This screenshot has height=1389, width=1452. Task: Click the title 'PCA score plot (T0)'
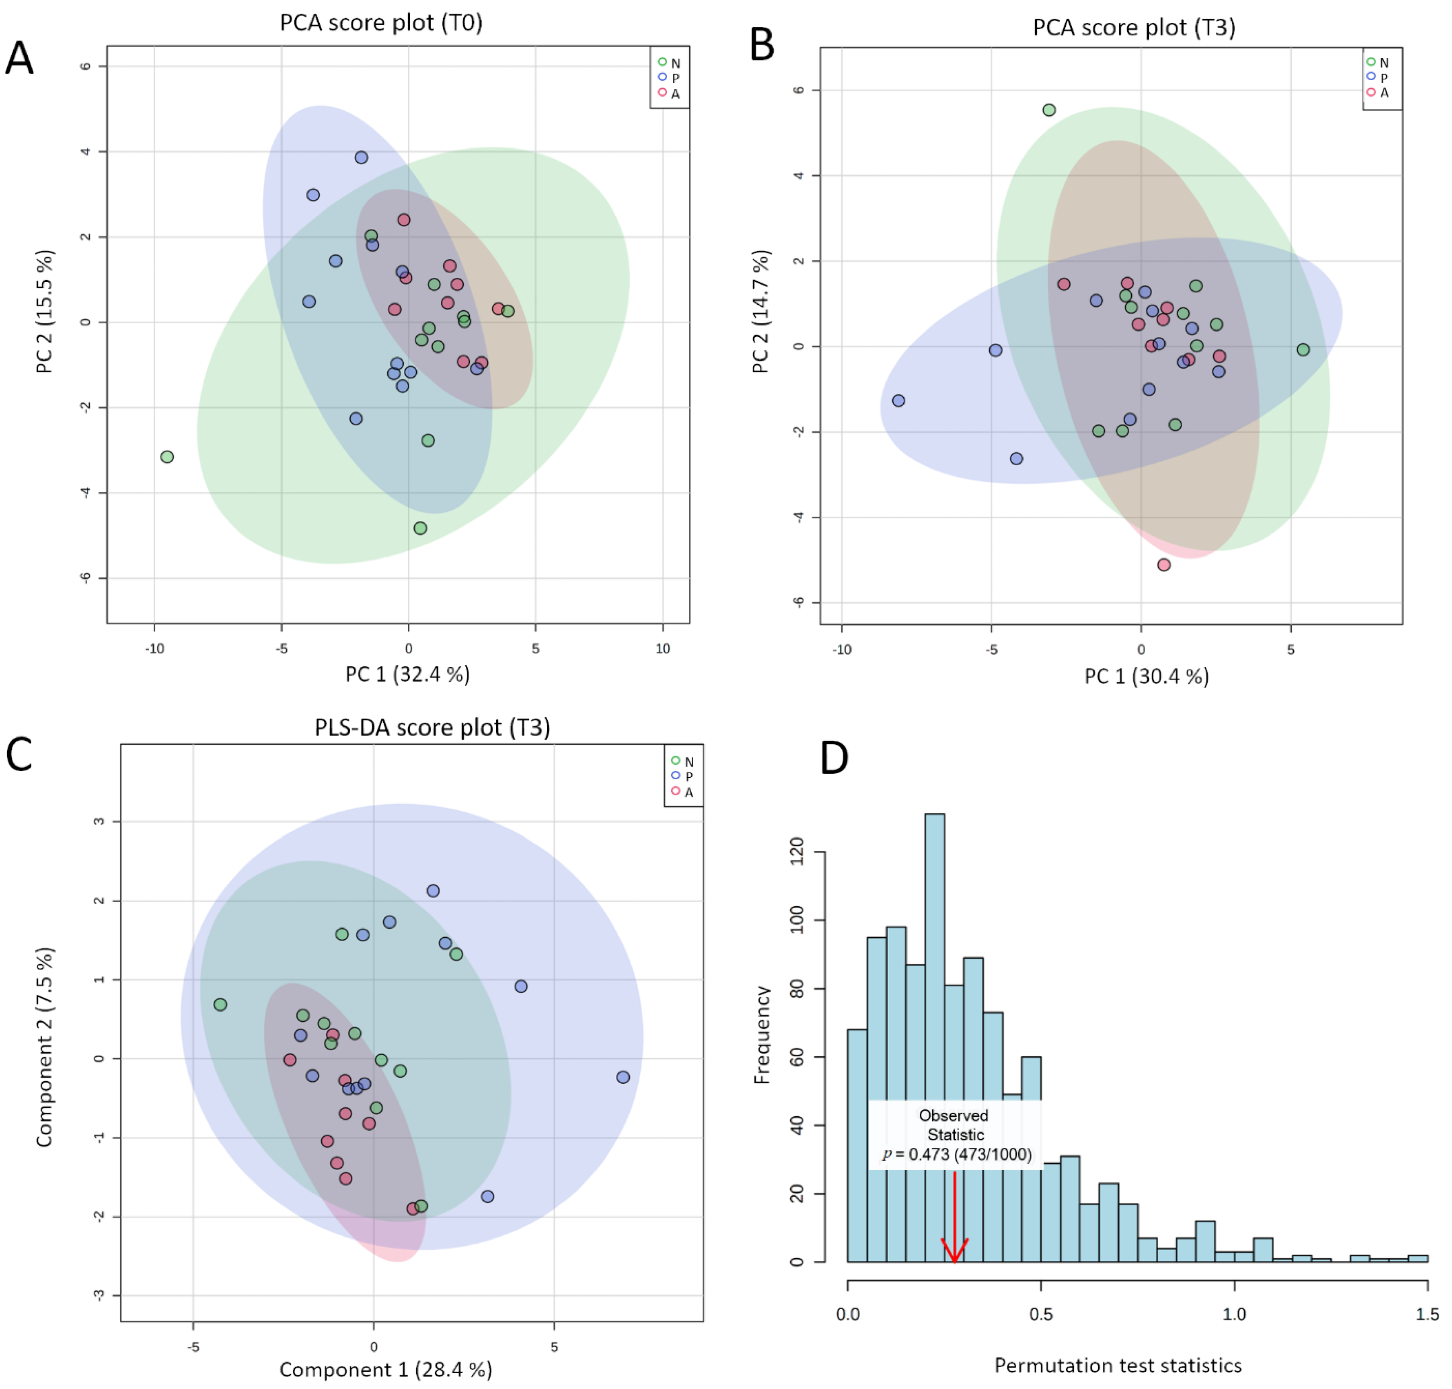[x=381, y=23]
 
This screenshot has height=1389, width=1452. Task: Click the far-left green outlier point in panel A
[x=167, y=457]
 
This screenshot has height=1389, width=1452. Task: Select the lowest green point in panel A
[x=420, y=528]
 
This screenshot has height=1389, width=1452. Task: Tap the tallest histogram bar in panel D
[x=935, y=1037]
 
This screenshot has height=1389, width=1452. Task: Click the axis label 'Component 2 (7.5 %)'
[x=45, y=1048]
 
